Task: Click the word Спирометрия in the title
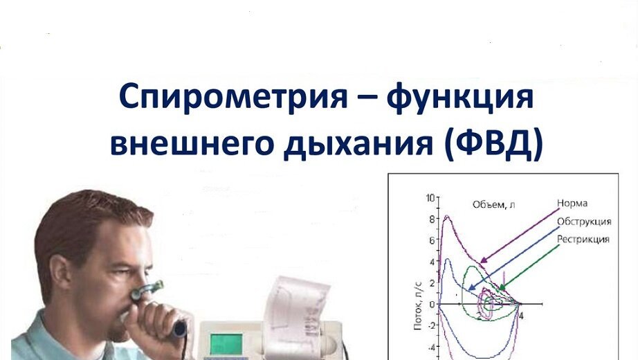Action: [x=233, y=96]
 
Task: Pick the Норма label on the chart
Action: [x=572, y=204]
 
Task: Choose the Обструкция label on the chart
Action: [x=584, y=222]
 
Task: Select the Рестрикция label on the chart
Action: [x=583, y=240]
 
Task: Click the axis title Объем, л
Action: [x=493, y=204]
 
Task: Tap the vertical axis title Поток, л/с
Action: [x=417, y=305]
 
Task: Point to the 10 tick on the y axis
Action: [x=430, y=198]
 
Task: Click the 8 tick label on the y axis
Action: [x=432, y=219]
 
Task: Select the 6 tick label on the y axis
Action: [x=432, y=240]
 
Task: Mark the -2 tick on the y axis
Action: [x=430, y=325]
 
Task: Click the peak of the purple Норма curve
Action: [x=447, y=216]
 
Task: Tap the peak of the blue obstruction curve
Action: [x=448, y=260]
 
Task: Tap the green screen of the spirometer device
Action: [x=226, y=344]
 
